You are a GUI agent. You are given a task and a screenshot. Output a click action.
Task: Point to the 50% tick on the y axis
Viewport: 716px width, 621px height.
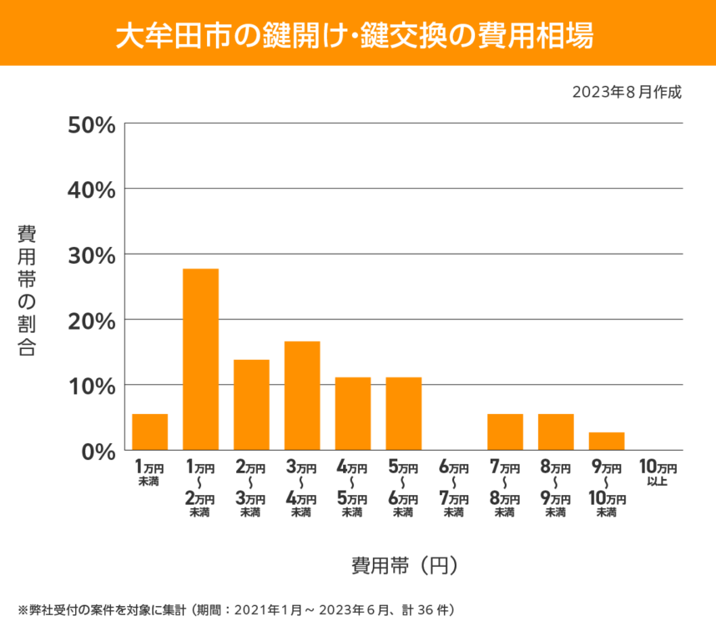(91, 124)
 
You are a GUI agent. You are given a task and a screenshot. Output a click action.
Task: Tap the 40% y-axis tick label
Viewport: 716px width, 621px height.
(91, 189)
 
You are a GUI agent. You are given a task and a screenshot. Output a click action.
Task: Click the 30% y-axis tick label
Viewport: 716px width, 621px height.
(91, 255)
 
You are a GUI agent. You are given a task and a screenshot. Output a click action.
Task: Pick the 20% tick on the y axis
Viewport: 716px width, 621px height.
(91, 320)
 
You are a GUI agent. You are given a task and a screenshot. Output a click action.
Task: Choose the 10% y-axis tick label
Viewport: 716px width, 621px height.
(91, 386)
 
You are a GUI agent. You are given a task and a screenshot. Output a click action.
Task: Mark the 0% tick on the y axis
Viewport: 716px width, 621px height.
(98, 451)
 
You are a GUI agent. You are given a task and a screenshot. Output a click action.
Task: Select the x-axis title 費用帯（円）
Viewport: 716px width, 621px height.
(404, 565)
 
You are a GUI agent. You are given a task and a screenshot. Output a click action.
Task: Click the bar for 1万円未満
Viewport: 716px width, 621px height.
(150, 432)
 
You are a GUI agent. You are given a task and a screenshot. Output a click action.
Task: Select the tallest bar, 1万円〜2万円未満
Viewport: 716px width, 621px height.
(200, 360)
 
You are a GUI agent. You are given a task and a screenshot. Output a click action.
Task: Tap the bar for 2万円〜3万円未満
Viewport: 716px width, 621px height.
(251, 405)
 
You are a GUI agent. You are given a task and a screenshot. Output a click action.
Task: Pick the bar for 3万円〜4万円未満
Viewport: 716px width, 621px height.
(302, 396)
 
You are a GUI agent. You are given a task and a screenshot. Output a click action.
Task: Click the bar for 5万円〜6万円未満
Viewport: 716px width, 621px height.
(404, 414)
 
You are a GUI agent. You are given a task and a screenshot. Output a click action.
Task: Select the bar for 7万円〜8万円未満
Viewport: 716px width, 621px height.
(505, 432)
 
